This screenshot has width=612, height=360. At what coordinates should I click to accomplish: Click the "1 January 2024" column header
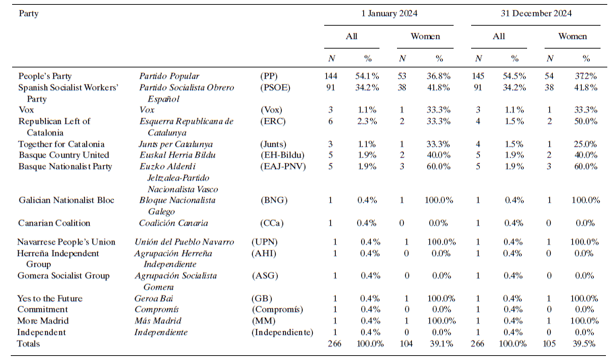coord(388,13)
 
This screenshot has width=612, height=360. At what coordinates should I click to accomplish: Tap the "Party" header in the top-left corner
coord(28,13)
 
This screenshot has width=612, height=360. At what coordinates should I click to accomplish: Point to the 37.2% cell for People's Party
coord(586,76)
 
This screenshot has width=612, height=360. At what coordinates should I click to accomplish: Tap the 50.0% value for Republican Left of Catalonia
coord(586,121)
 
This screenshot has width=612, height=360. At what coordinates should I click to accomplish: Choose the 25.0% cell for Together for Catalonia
coord(586,144)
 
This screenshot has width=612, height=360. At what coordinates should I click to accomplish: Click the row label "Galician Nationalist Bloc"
coord(66,200)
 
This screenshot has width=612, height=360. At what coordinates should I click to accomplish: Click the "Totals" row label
coord(29,344)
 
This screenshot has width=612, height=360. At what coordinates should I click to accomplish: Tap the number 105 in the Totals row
coord(550,344)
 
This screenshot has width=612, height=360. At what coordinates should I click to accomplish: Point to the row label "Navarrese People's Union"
coord(67,242)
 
